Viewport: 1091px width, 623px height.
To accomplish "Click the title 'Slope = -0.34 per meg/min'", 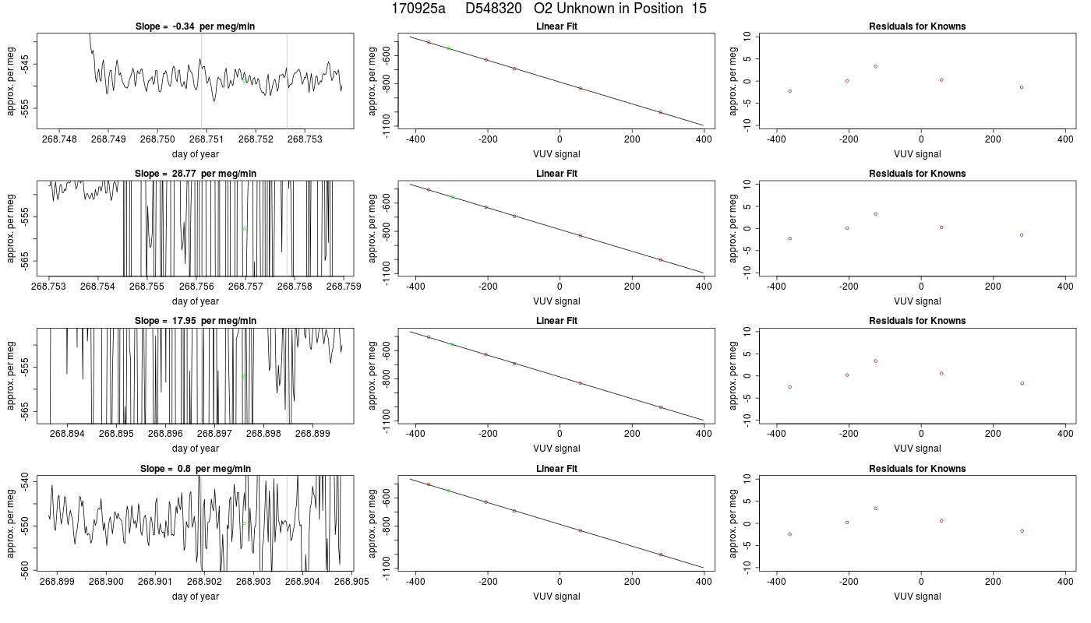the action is (195, 26).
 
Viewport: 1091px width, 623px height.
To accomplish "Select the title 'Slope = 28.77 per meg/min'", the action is (195, 173).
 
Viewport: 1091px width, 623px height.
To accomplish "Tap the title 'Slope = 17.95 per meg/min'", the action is (195, 321).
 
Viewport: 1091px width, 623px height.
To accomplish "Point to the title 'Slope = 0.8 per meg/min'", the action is (195, 469).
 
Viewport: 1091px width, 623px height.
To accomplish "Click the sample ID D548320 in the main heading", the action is (493, 9).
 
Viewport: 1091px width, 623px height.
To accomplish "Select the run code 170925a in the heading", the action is (418, 9).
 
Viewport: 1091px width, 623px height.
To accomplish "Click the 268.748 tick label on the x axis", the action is (59, 139).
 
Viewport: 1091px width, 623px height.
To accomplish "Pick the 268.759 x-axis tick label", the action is (344, 287).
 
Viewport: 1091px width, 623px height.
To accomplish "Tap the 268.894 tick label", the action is (67, 434).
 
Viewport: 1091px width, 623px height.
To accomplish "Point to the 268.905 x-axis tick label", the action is (351, 582).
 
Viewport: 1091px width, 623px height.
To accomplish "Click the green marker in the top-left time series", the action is (244, 81).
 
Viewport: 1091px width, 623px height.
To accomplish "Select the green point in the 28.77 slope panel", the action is (244, 229).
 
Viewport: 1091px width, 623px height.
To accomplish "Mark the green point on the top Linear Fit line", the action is (449, 48).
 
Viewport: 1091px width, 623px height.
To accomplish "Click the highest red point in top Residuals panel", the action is (876, 67).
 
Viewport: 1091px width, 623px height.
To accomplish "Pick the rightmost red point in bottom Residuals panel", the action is (1022, 531).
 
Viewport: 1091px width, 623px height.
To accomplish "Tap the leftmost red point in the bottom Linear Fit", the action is (429, 484).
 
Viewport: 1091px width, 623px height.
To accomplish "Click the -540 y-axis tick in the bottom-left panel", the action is (25, 482).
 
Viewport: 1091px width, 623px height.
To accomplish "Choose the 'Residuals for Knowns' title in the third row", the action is (917, 321).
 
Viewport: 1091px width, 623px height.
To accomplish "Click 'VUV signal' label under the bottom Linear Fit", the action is (556, 597).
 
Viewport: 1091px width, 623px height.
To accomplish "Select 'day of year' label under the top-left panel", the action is (195, 154).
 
